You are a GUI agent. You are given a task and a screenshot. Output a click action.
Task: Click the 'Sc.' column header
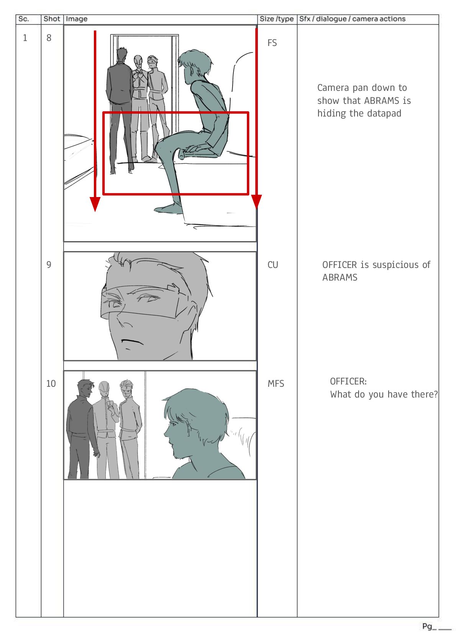(23, 19)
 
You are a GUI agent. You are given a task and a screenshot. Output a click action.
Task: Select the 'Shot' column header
(52, 19)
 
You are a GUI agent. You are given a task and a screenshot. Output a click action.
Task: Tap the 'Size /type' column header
(276, 19)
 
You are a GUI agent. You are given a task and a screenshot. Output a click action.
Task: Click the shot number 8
(49, 38)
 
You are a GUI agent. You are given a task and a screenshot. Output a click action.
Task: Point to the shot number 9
(49, 264)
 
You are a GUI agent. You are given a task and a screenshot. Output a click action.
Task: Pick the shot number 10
(51, 383)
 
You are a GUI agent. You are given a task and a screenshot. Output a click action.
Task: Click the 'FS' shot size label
(272, 43)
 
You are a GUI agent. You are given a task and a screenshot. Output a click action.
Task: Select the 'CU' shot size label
(273, 265)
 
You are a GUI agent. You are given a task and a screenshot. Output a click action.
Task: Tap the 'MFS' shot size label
(276, 384)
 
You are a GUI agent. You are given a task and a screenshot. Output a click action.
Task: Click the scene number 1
(25, 38)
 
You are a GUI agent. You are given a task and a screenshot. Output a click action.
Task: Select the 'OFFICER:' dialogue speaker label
(348, 381)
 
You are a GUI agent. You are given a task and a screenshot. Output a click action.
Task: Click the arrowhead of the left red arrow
(95, 204)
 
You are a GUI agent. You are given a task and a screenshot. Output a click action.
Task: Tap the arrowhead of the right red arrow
(256, 201)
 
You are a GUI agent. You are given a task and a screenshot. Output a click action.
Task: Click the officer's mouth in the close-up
(132, 342)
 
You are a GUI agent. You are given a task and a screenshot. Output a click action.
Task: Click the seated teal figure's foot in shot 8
(168, 209)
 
